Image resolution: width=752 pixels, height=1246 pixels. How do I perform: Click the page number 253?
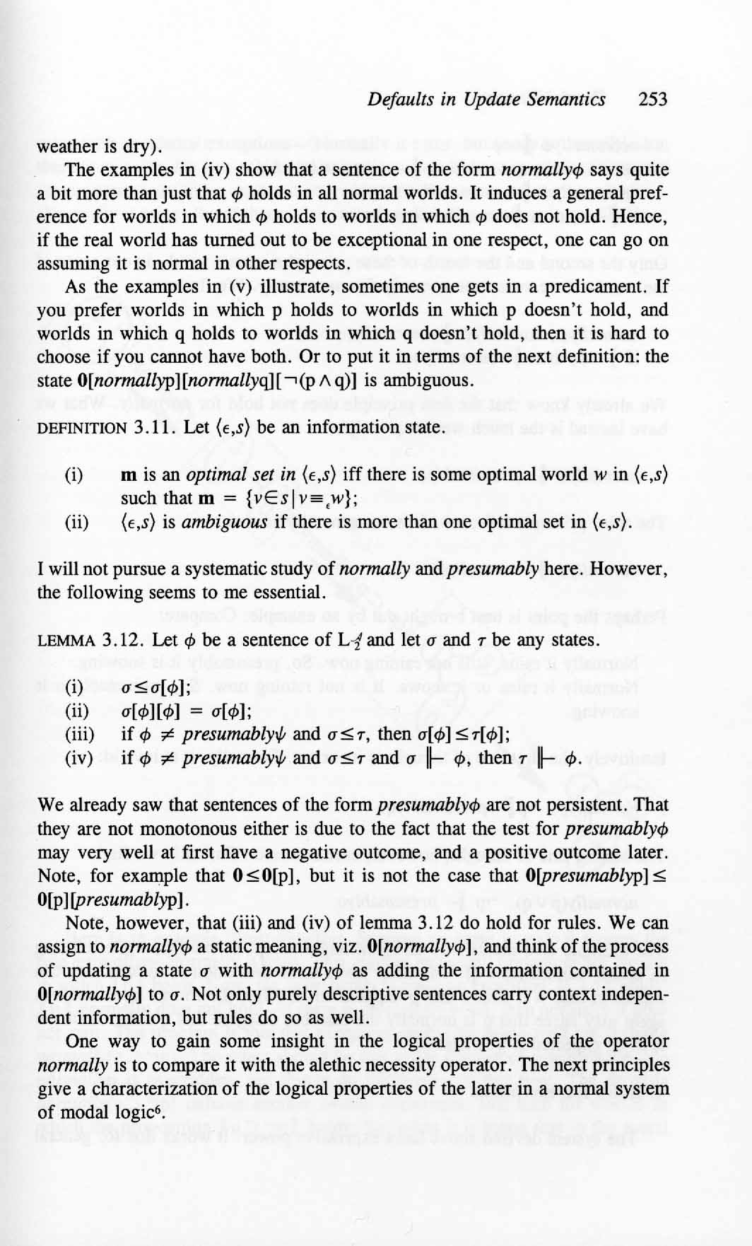pyautogui.click(x=652, y=99)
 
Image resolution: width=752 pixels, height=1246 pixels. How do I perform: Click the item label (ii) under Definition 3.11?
pyautogui.click(x=76, y=523)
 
